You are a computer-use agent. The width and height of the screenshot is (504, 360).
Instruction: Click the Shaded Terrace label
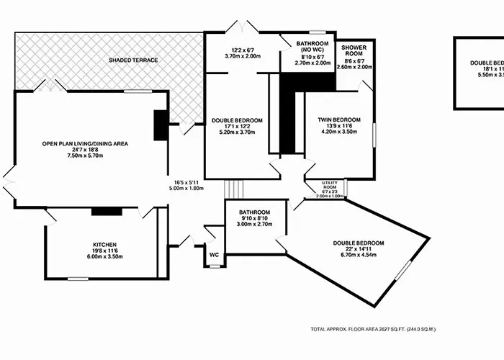[133, 60]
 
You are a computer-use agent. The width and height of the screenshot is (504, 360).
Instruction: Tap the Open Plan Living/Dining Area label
[85, 144]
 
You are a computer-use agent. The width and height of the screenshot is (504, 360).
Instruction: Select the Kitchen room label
[104, 245]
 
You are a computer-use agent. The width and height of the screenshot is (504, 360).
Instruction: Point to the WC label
[214, 255]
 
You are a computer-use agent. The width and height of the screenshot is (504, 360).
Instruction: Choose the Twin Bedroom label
[339, 120]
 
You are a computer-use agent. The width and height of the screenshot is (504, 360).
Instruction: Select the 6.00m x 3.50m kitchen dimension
[104, 257]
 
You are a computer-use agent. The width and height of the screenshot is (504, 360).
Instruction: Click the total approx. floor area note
[374, 329]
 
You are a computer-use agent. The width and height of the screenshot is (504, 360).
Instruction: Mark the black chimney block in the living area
[160, 124]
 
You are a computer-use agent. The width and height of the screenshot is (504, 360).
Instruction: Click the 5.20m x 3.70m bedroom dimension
[237, 132]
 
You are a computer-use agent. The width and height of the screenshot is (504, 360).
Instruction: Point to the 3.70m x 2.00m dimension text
[242, 56]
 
